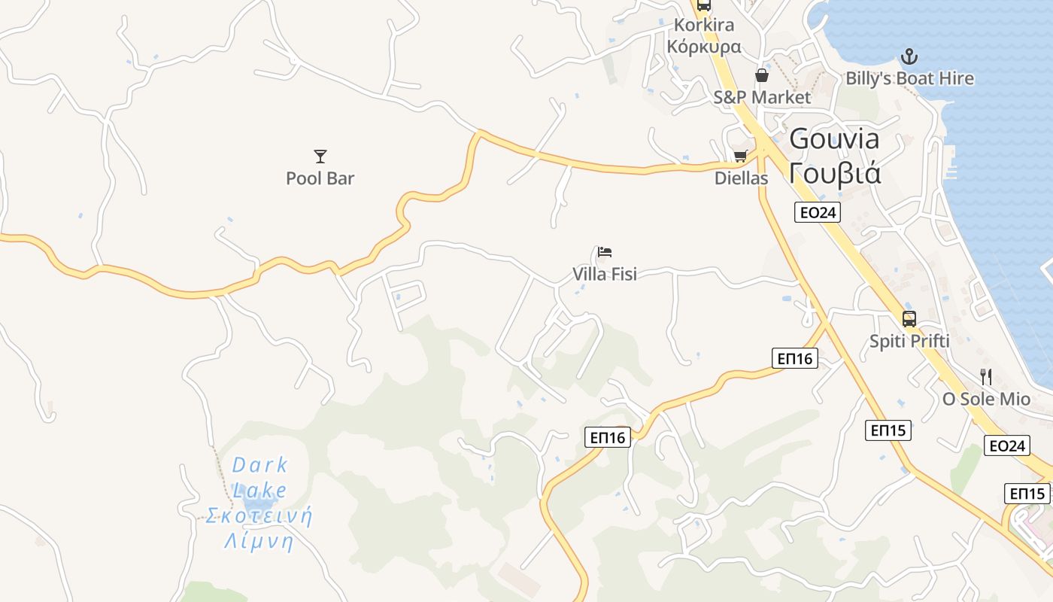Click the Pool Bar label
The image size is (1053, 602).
[320, 178]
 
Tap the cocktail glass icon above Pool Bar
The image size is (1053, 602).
[320, 157]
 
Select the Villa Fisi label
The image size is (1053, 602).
[605, 274]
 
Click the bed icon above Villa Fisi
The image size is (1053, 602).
[605, 251]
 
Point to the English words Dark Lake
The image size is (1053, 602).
[259, 478]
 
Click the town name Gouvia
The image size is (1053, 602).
[834, 139]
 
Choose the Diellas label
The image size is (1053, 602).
[742, 178]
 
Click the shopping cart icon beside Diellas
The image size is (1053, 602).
[740, 157]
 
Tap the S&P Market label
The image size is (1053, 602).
[762, 97]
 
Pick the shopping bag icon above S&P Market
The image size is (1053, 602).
[762, 75]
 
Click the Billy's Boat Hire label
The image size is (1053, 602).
[909, 78]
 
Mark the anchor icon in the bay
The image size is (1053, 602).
[909, 56]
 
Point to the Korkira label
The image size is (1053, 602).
[704, 25]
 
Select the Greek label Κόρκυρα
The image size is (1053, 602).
[704, 47]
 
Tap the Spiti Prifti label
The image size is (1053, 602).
[909, 341]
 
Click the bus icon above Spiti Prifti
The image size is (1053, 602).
[909, 318]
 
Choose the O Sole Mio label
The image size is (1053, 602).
[986, 399]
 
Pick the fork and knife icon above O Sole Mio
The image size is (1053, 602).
[986, 377]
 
